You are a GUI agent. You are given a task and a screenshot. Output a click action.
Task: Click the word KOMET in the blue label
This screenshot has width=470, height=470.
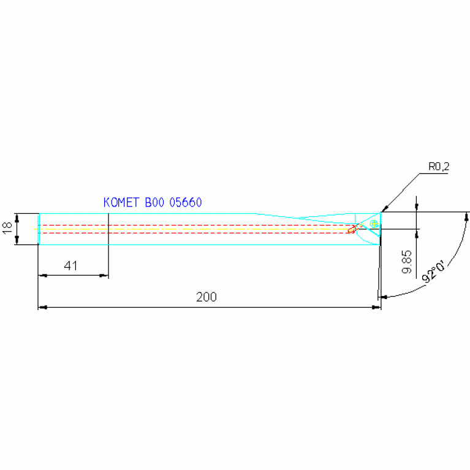[121, 202]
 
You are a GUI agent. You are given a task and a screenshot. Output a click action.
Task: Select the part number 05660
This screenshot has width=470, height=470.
[186, 202]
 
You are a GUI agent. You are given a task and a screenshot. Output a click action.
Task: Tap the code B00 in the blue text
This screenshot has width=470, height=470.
[154, 202]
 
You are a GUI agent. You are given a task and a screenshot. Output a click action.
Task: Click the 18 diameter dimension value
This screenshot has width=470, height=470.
[7, 228]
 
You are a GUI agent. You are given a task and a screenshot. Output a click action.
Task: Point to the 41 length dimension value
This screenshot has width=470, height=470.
[70, 265]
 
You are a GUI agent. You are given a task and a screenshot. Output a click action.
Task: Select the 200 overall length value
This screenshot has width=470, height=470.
[207, 297]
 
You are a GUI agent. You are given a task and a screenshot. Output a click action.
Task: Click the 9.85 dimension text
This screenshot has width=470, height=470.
[407, 262]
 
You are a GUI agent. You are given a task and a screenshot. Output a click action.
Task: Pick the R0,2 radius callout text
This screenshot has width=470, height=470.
[439, 167]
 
